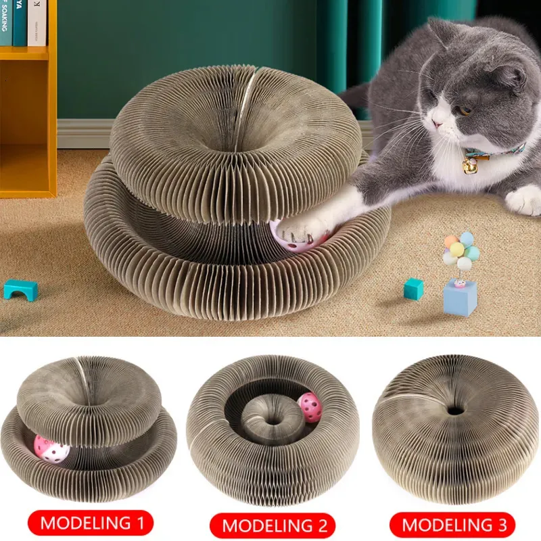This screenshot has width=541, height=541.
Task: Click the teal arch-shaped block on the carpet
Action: [x=20, y=289]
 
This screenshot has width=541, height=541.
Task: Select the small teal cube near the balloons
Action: [x=413, y=288]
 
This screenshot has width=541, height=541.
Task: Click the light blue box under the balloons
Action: [x=460, y=298]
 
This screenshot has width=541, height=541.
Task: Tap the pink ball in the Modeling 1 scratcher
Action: [x=49, y=448]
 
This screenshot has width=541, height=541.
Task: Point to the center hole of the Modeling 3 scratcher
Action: [x=455, y=410]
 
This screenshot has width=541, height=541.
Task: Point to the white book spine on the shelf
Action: [x=37, y=22]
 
